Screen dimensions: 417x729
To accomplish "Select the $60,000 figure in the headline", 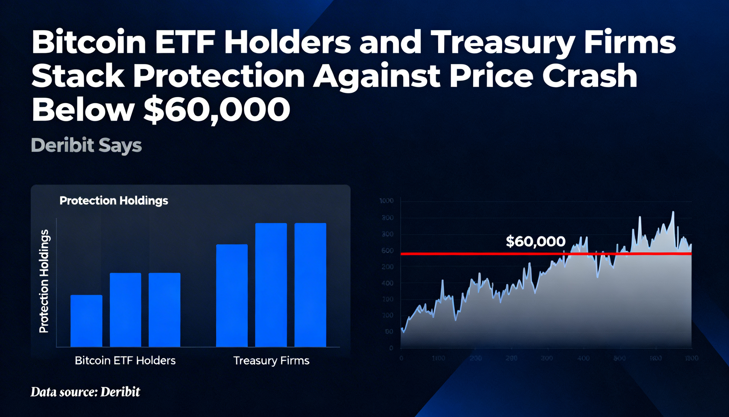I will click(217, 109).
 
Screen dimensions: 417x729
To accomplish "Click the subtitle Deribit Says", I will click(86, 145).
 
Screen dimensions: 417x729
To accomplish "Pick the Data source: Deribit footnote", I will click(85, 392).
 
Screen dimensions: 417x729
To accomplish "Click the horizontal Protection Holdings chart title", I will click(114, 200).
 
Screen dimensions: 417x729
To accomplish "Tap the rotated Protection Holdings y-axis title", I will click(44, 281).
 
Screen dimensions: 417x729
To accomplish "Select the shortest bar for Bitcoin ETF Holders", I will click(86, 321).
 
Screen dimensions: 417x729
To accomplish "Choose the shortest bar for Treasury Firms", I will click(232, 296).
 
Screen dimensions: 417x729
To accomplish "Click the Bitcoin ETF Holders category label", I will click(125, 360).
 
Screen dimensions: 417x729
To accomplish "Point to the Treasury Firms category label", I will click(271, 360).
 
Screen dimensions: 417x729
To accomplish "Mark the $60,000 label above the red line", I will click(536, 241).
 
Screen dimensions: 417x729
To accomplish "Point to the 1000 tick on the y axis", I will click(386, 201).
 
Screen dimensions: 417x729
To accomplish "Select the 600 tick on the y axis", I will click(388, 251).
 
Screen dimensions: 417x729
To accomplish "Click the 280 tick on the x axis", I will click(511, 358).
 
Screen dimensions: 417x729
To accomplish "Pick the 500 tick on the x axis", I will click(619, 358).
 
